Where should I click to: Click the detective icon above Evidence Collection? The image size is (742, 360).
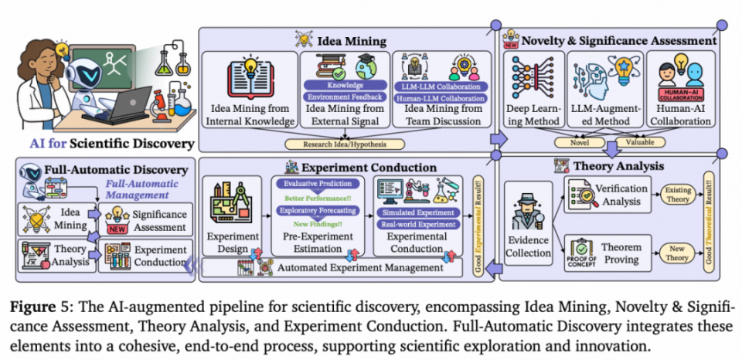528,206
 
